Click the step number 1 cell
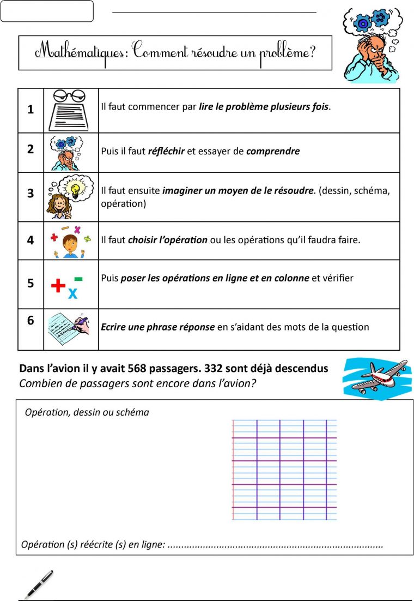click(31, 110)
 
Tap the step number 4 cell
click(31, 241)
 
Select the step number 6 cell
click(31, 321)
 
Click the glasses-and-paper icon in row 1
click(71, 110)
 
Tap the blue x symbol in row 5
click(72, 294)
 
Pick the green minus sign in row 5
click(78, 279)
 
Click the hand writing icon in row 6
click(69, 328)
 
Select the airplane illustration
click(377, 377)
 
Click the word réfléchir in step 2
click(166, 151)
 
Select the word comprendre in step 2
click(272, 151)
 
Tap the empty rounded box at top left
click(47, 11)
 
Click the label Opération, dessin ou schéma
click(87, 412)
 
